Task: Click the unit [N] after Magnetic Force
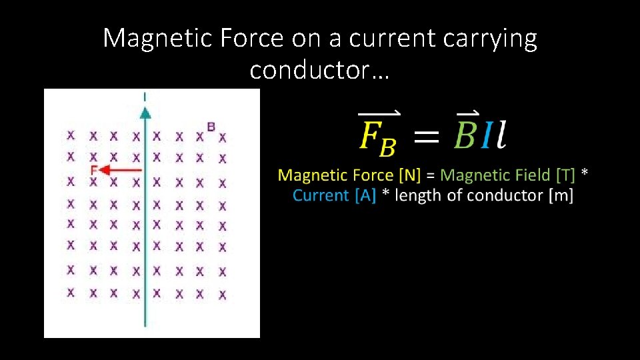409,175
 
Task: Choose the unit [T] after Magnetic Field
565,175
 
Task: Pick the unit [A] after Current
365,195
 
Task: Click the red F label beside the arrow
94,171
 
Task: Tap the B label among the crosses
211,126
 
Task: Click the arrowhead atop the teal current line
145,109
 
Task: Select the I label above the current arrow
145,97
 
